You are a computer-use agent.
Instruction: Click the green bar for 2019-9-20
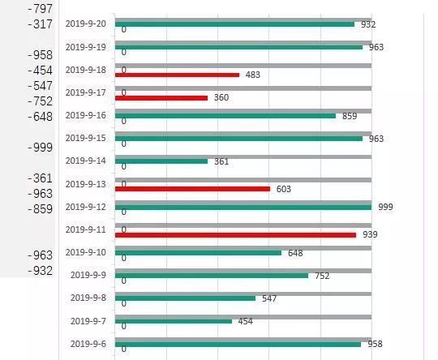click(x=235, y=24)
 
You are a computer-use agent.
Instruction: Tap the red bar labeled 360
click(x=161, y=97)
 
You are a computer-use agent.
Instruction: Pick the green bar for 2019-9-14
click(x=161, y=161)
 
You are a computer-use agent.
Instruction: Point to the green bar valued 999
click(x=243, y=207)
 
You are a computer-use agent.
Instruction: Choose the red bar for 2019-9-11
click(x=235, y=234)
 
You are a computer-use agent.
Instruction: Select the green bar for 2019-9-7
click(x=174, y=321)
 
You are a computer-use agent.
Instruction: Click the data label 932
click(x=368, y=24)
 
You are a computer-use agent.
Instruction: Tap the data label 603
click(x=283, y=189)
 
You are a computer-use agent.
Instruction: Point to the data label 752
click(x=322, y=276)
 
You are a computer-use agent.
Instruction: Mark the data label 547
click(x=269, y=298)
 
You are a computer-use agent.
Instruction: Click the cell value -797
click(x=40, y=8)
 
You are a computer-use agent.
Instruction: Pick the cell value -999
click(x=40, y=148)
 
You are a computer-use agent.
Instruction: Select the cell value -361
click(x=40, y=178)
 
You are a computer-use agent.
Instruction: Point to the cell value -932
click(x=40, y=270)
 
